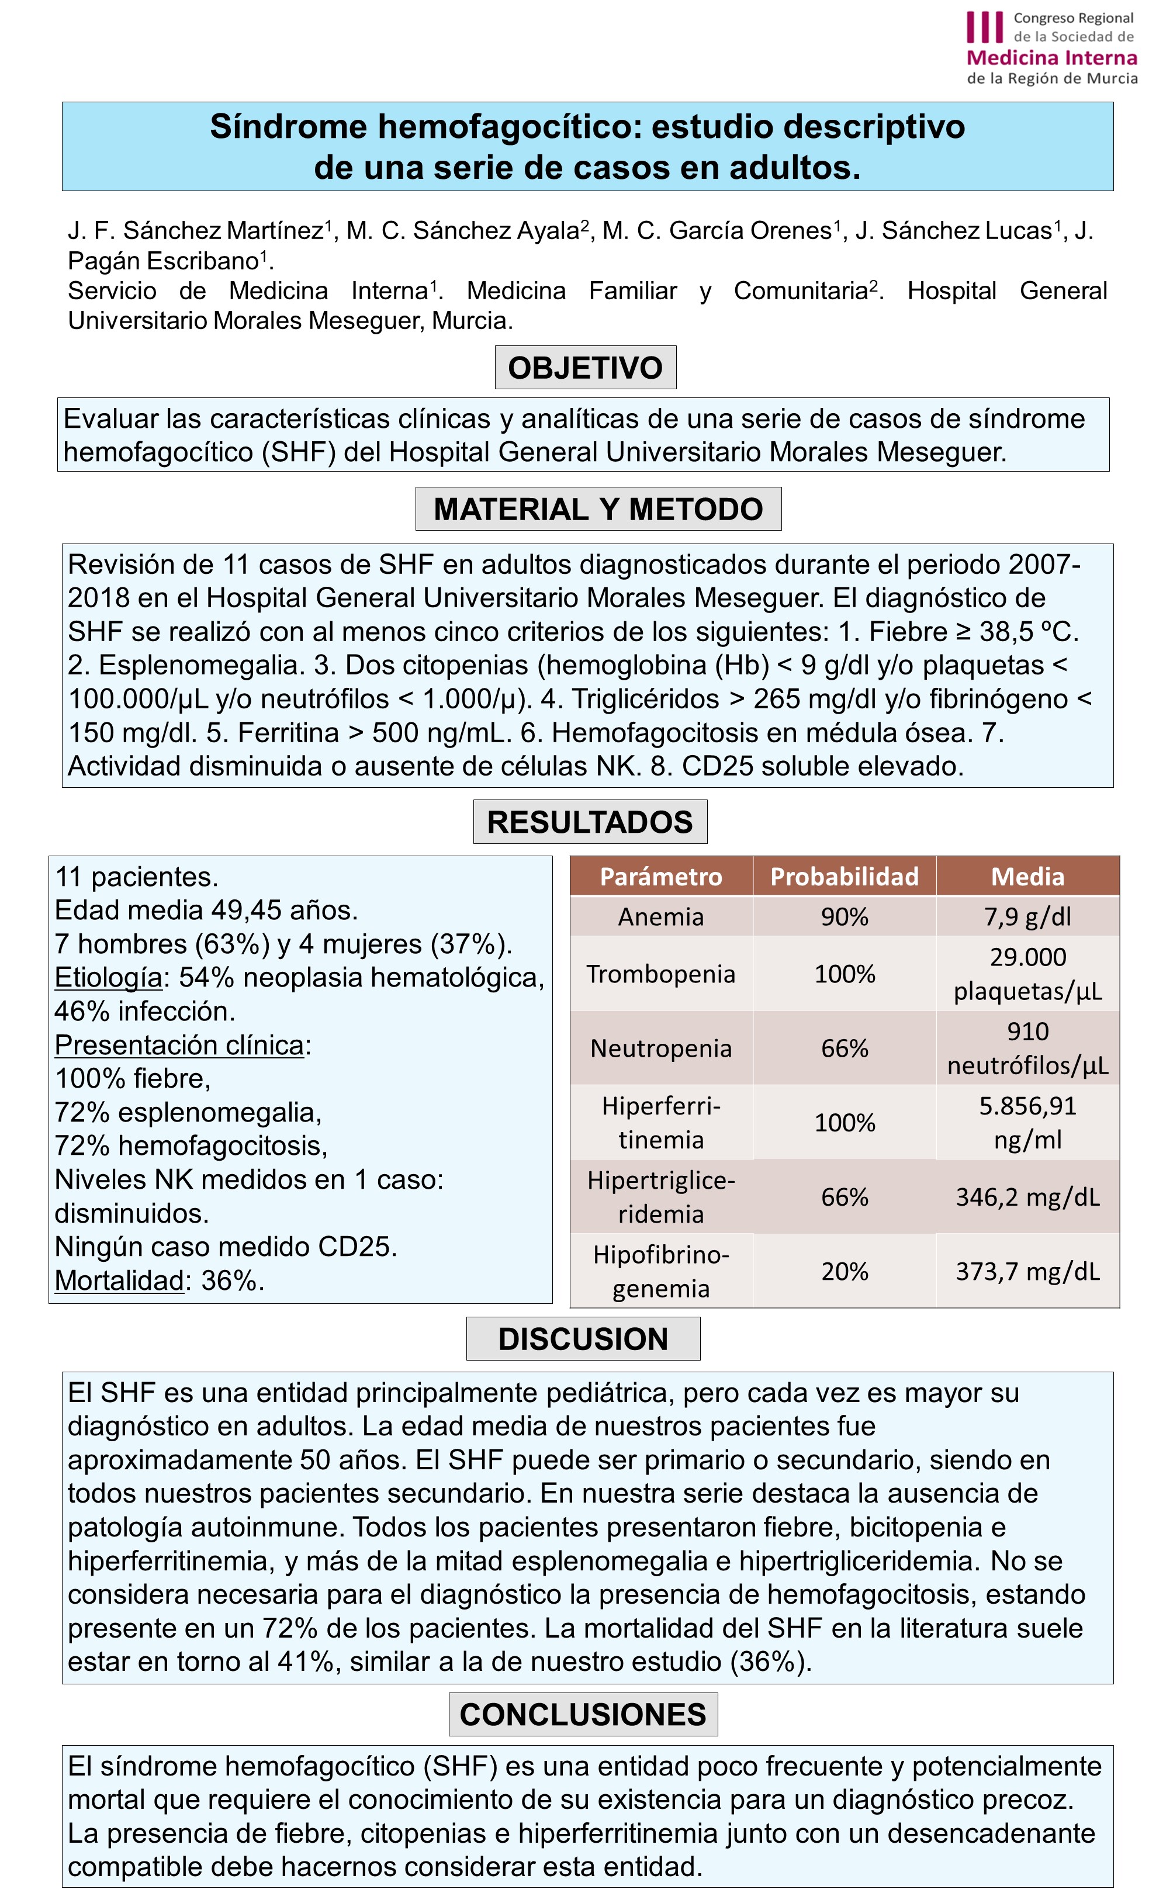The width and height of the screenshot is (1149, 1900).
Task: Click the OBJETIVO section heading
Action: [x=584, y=368]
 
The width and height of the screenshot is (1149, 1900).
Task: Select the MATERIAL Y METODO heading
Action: [x=598, y=509]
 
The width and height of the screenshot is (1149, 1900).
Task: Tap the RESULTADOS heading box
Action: [x=590, y=822]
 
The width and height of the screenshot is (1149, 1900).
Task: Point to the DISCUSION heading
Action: [x=583, y=1338]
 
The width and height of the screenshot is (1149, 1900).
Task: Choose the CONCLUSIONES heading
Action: [x=583, y=1714]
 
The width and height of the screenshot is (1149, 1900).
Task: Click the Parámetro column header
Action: [x=661, y=877]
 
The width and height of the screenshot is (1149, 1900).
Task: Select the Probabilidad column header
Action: [x=845, y=877]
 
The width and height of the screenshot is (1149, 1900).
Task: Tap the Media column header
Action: [x=1027, y=877]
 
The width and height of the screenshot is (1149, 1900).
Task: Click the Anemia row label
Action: [x=661, y=917]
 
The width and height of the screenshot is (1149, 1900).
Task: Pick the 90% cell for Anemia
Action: [x=845, y=917]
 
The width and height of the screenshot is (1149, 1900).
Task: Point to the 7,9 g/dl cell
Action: [x=1027, y=917]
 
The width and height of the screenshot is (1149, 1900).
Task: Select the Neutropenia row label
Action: [x=661, y=1048]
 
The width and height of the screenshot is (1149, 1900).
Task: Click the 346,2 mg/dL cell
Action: [x=1027, y=1197]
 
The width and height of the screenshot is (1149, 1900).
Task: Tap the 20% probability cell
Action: [x=845, y=1271]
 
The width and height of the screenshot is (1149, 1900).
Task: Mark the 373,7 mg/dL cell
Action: [x=1027, y=1271]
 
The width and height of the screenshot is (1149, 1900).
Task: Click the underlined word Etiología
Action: [x=109, y=978]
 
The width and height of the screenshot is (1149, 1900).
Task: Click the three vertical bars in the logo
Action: [x=985, y=27]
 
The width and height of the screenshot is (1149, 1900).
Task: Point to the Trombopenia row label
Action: [x=661, y=974]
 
